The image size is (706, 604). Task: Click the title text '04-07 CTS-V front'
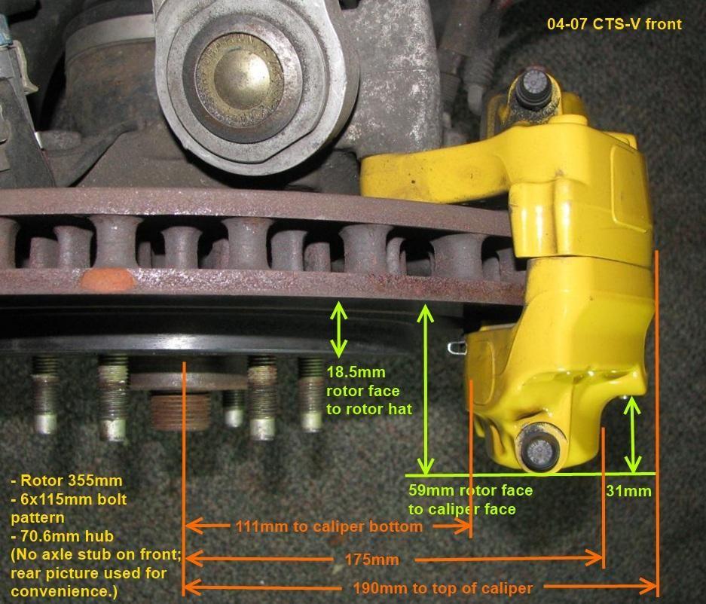coord(615,24)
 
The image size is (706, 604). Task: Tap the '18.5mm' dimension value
coord(356,373)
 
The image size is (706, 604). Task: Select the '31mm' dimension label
coord(628,490)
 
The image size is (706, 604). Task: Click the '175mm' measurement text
coord(372,560)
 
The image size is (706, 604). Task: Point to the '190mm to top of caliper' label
coord(442,588)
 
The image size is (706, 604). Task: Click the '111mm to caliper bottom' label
coord(329,526)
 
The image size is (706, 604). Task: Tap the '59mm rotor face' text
coord(470,490)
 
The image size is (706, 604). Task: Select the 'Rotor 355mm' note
coord(66,480)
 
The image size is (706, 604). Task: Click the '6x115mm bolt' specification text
coord(69,499)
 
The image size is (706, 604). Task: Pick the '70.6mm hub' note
coord(62,536)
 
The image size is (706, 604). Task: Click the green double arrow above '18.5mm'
coord(338,330)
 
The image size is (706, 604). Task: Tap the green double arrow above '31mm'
coord(633,435)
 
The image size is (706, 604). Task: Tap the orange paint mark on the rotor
coord(107,280)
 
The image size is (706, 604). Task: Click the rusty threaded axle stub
coord(180,411)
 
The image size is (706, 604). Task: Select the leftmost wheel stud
coord(45,395)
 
